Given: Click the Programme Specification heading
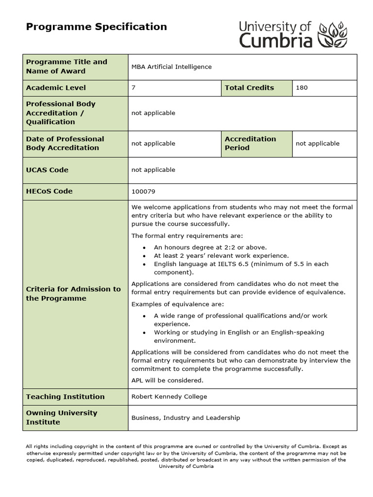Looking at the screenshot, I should (x=96, y=27).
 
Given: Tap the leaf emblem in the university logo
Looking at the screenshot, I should (x=332, y=34).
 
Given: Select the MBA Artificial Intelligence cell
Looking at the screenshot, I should (x=171, y=67).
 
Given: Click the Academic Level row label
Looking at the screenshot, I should (x=56, y=88).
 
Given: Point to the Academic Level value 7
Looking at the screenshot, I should (x=134, y=88).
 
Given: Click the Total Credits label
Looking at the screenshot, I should (x=249, y=88).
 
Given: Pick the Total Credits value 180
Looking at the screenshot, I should (x=302, y=88).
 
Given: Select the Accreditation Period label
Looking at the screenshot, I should (x=250, y=143).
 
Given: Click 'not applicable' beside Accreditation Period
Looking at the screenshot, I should (x=318, y=144).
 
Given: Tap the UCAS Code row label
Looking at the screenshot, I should (x=47, y=170).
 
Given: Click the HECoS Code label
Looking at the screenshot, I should (x=49, y=191).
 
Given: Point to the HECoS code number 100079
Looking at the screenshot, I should (x=143, y=192).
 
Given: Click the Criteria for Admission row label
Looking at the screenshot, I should (x=73, y=294).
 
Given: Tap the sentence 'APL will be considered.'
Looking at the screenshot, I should (x=168, y=380).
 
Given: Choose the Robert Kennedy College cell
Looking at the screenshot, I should (x=169, y=397).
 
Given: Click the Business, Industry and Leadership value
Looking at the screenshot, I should (x=186, y=418).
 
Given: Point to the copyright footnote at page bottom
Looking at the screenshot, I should (x=186, y=456).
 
